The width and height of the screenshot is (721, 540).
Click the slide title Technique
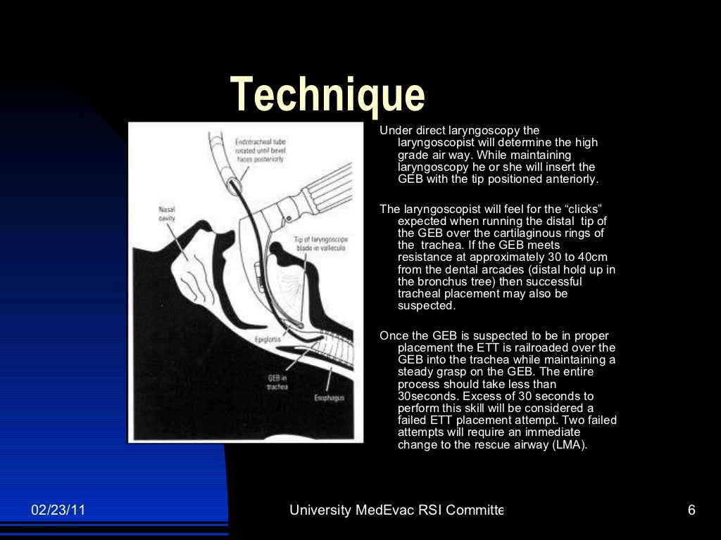[327, 95]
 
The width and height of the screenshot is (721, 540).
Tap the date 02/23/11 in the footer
[58, 510]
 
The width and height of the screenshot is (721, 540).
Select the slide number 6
[691, 510]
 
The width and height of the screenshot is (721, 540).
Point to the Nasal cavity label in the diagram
[167, 214]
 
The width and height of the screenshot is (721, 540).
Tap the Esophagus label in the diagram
[329, 399]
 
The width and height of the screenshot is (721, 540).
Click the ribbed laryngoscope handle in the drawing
[327, 186]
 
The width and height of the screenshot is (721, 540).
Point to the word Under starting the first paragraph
[394, 131]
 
